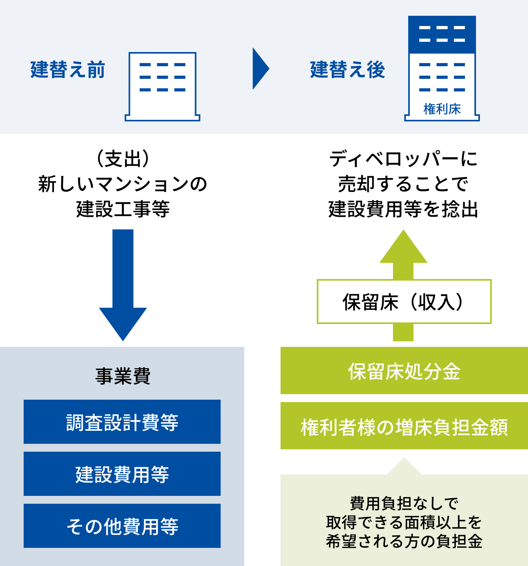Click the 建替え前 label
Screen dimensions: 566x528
pyautogui.click(x=68, y=70)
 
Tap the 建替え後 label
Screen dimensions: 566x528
pyautogui.click(x=348, y=70)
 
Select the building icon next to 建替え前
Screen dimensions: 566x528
pyautogui.click(x=162, y=86)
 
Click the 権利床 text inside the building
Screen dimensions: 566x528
pyautogui.click(x=442, y=109)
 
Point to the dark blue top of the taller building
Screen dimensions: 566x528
pyautogui.click(x=442, y=34)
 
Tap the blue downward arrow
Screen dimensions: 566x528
pyautogui.click(x=123, y=284)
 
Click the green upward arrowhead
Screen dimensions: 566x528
pyautogui.click(x=403, y=248)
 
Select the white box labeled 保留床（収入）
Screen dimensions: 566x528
pyautogui.click(x=404, y=302)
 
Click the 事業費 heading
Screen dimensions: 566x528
pyautogui.click(x=123, y=376)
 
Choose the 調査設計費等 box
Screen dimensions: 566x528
pyautogui.click(x=122, y=422)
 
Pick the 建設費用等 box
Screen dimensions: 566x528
pyautogui.click(x=122, y=474)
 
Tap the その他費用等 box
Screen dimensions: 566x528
pyautogui.click(x=122, y=526)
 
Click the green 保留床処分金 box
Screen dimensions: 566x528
pyautogui.click(x=404, y=371)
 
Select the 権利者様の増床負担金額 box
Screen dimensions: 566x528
pyautogui.click(x=404, y=426)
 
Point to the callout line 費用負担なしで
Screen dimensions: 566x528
pyautogui.click(x=404, y=503)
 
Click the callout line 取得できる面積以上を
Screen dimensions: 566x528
pyautogui.click(x=404, y=522)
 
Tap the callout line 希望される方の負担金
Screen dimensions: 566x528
pyautogui.click(x=404, y=541)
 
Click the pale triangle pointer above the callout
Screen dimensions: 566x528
pyautogui.click(x=404, y=467)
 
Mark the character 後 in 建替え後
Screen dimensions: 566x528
pyautogui.click(x=376, y=70)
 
